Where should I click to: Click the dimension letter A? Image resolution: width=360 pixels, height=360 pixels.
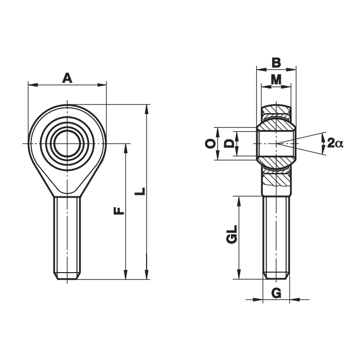click(x=67, y=78)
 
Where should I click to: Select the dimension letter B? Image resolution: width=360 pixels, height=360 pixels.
click(x=276, y=62)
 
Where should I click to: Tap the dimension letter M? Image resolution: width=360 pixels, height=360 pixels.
click(x=276, y=80)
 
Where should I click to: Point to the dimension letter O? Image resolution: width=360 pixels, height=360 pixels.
click(x=210, y=143)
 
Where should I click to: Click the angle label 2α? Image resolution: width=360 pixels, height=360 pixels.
click(x=335, y=143)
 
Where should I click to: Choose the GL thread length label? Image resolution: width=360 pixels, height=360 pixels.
click(x=231, y=234)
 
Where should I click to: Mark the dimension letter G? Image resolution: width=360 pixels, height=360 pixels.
click(x=276, y=293)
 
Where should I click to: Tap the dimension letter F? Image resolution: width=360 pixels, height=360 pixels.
click(x=119, y=211)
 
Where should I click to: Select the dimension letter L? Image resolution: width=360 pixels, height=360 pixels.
click(x=140, y=191)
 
